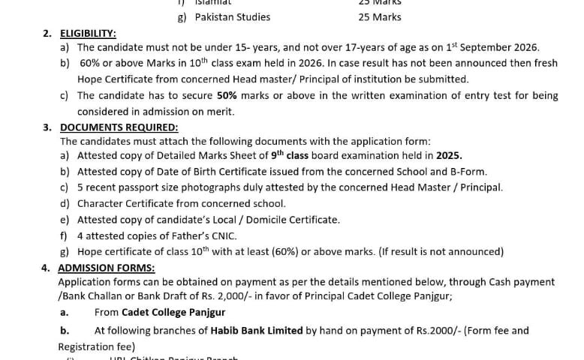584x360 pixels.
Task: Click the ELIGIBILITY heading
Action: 88,33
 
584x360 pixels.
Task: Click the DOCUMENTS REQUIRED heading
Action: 119,127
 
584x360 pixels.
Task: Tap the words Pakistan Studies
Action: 233,16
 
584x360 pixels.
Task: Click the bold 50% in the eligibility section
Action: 227,95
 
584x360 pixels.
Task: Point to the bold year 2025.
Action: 450,156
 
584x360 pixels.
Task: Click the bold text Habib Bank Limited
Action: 257,330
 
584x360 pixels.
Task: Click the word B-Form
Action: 468,172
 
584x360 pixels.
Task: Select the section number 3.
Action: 47,127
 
